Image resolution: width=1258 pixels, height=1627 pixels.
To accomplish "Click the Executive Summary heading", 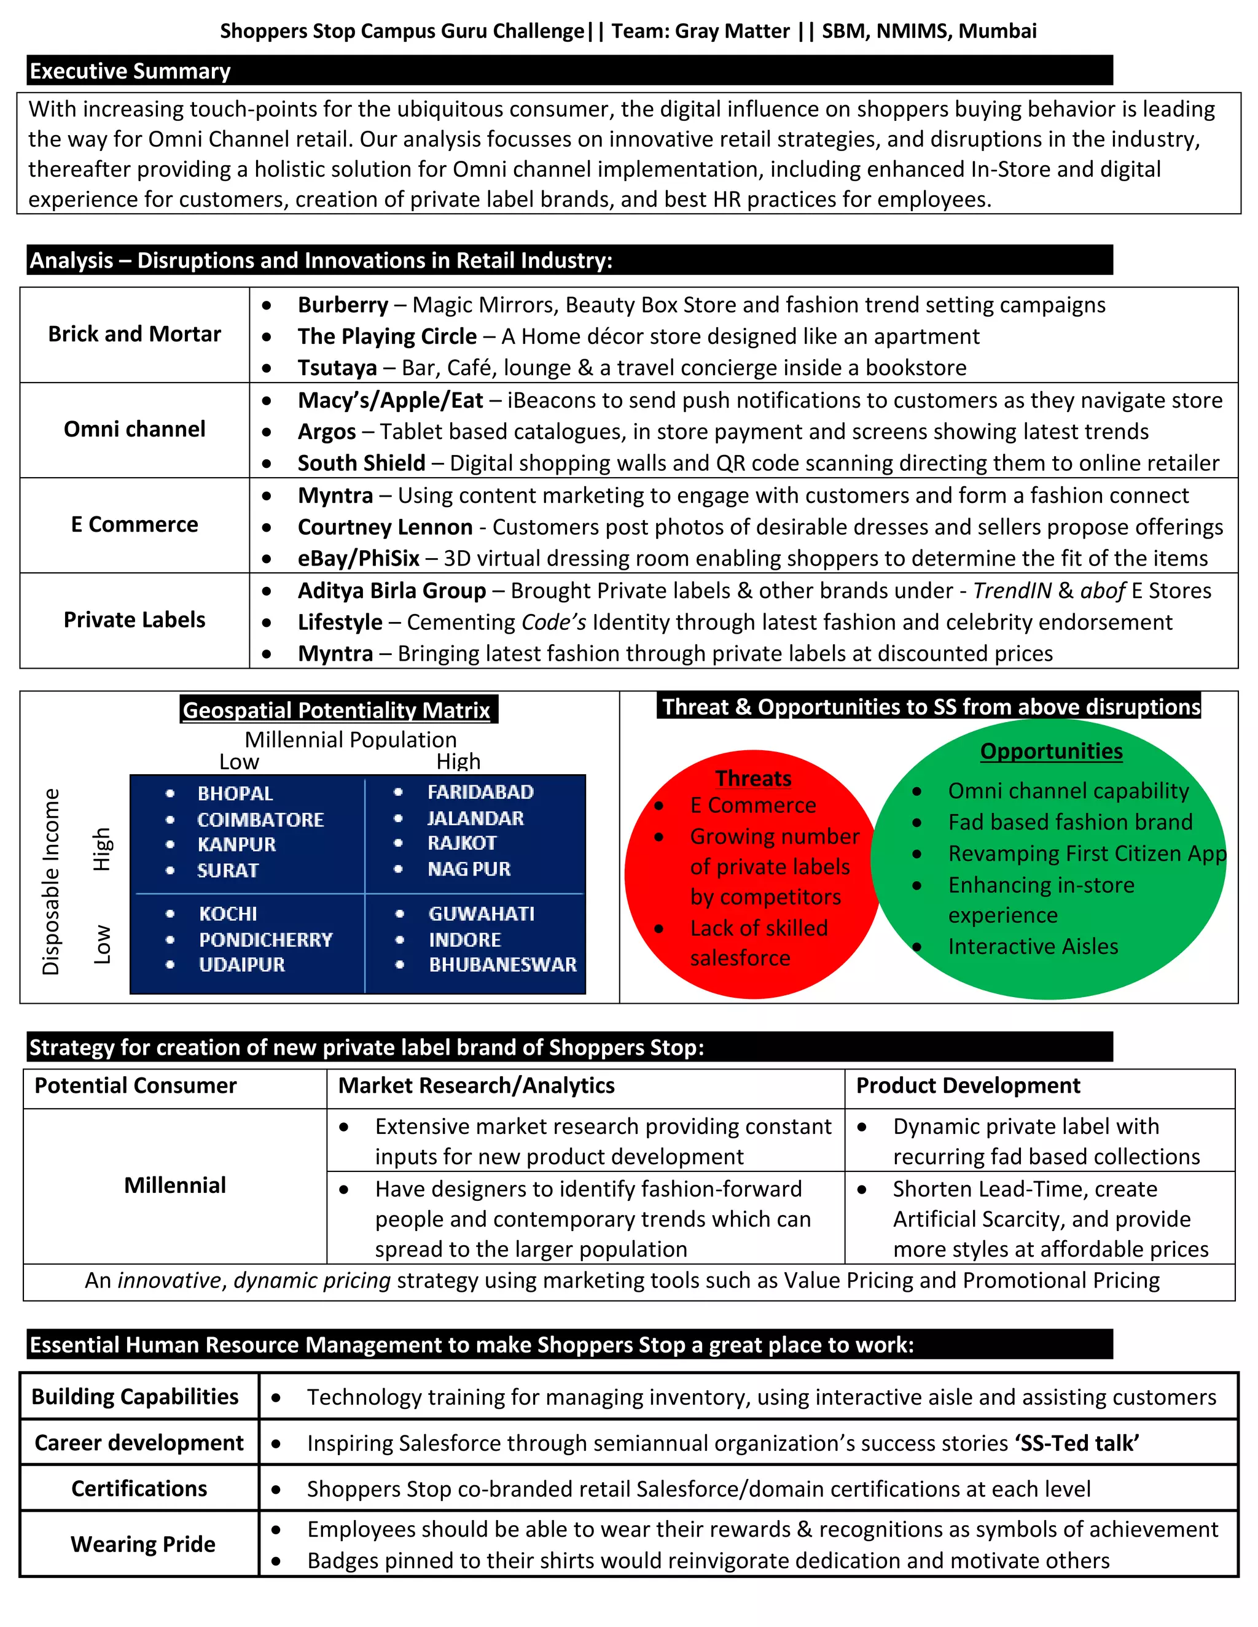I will (x=130, y=71).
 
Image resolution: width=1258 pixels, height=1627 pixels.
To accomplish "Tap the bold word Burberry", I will (x=343, y=305).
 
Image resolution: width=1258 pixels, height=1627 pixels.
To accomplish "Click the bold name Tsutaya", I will (x=337, y=367).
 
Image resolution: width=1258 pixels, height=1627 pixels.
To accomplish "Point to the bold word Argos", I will (x=326, y=432).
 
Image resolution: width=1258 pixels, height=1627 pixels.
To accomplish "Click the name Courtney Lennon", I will (x=385, y=527).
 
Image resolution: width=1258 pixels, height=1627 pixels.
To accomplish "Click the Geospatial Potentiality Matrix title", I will (x=337, y=710).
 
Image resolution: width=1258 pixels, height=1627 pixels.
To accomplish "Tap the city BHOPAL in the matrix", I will (x=235, y=793).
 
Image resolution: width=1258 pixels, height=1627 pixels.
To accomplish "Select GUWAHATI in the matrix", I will (x=482, y=914).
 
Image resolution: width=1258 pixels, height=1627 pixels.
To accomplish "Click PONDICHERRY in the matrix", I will (x=265, y=939).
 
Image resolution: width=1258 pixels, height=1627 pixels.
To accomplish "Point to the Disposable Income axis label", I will (x=51, y=881).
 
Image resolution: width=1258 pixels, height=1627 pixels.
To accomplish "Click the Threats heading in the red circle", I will (x=752, y=778).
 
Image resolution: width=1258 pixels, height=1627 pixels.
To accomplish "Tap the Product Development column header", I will (x=967, y=1085).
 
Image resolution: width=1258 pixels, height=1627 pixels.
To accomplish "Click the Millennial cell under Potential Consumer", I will (x=174, y=1185).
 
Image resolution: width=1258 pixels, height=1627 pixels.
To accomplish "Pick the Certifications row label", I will (x=139, y=1488).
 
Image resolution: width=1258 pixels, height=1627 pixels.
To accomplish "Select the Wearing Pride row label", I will (x=143, y=1544).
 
